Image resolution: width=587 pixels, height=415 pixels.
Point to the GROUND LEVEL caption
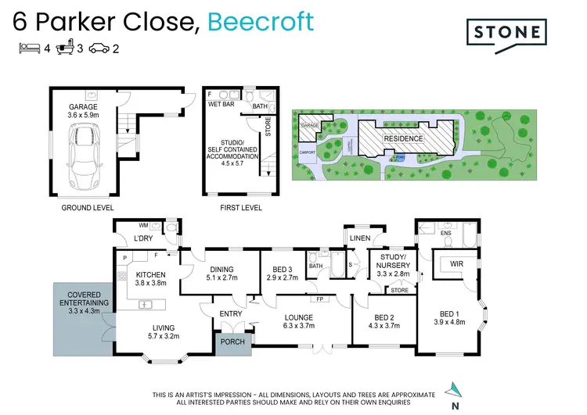tap(87, 209)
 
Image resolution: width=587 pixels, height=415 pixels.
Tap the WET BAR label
tap(221, 103)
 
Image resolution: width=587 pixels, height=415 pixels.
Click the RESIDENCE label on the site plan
tap(403, 139)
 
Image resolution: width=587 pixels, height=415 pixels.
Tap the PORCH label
tap(232, 342)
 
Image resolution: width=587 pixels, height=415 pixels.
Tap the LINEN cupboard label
tap(360, 238)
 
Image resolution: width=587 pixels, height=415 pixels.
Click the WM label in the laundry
tap(121, 225)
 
